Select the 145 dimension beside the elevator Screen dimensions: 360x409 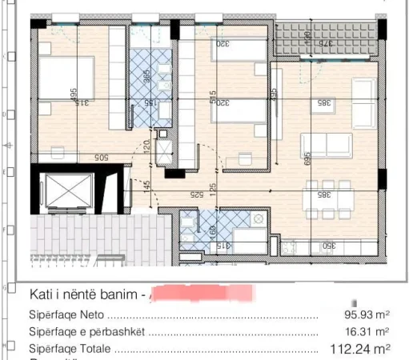coord(146,186)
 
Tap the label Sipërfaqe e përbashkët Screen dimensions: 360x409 coord(88,331)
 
